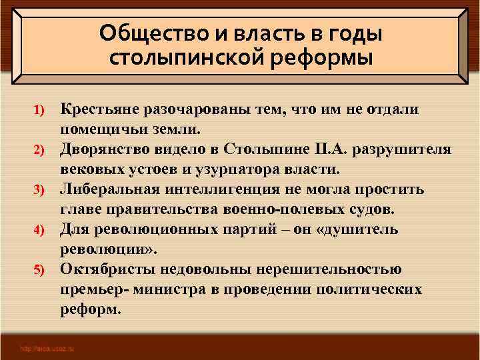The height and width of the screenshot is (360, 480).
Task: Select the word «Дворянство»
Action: [106, 149]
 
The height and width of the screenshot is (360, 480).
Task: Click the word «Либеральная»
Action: [109, 189]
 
